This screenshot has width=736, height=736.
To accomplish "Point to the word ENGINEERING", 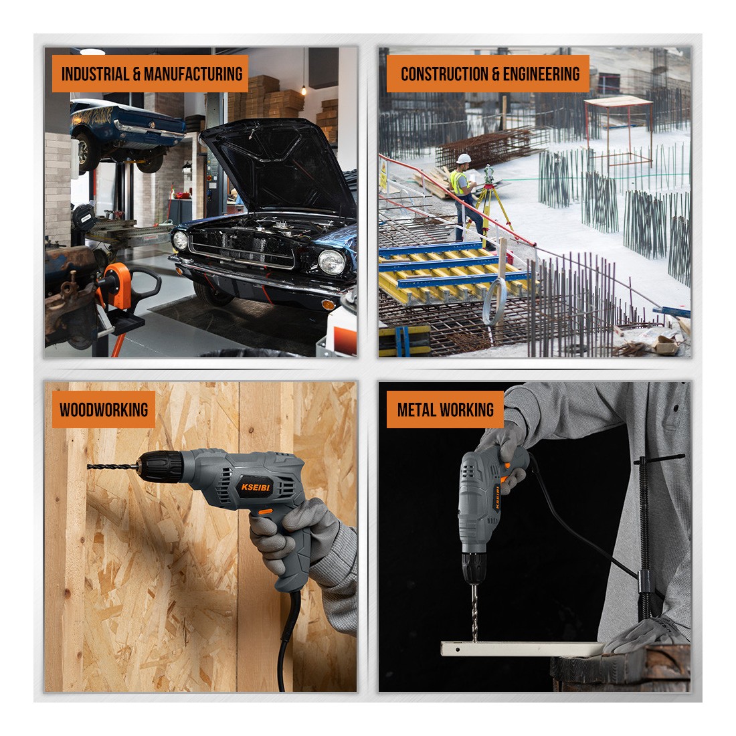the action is [541, 74].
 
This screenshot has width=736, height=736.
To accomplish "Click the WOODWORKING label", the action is [104, 409].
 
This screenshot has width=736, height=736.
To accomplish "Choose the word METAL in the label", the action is [416, 409].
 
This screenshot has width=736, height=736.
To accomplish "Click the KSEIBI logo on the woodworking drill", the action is [256, 487].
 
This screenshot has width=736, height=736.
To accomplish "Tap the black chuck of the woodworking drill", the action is [161, 466].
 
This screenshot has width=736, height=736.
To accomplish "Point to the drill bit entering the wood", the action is [112, 466].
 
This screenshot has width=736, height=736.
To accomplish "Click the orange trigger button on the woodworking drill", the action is [265, 511].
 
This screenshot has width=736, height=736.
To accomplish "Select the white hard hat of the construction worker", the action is [463, 159].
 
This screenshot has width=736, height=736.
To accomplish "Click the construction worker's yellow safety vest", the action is [458, 182].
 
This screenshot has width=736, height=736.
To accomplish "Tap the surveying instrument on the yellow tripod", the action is [489, 174].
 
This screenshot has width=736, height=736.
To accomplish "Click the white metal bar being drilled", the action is [522, 649].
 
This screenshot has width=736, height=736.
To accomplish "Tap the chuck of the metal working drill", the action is [474, 567].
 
